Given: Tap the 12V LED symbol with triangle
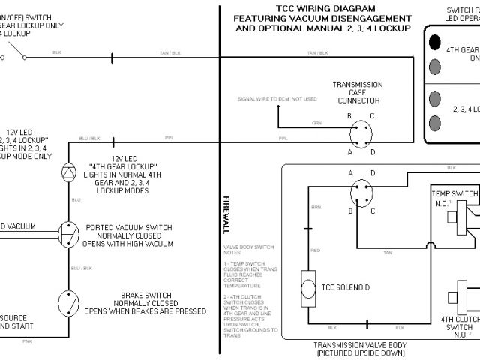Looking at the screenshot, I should coord(68,171).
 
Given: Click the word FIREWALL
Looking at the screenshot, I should coord(226,214).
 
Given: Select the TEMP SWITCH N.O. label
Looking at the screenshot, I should coord(454,198).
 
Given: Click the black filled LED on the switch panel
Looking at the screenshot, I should coord(436,43).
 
